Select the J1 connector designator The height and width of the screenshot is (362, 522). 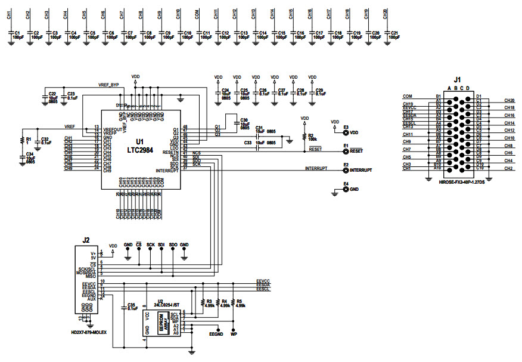point(456,79)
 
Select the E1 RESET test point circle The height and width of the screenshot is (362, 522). point(346,151)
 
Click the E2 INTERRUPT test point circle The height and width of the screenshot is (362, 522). point(346,170)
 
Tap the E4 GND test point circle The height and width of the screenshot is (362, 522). point(346,190)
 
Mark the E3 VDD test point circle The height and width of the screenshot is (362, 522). point(346,132)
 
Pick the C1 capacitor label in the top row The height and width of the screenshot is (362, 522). point(17,33)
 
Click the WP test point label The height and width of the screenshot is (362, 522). point(234,335)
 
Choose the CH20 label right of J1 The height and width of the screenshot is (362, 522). point(509,100)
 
